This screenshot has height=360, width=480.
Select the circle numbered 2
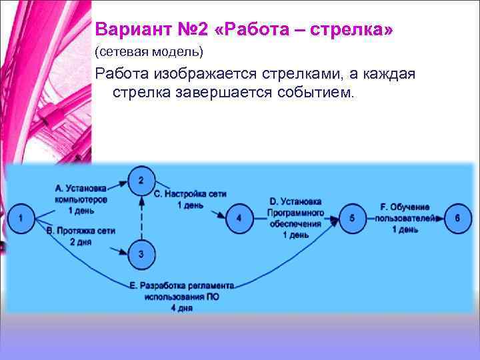(x=141, y=179)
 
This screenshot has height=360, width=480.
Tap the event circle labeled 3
(x=141, y=254)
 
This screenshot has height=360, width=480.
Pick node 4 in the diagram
(x=239, y=217)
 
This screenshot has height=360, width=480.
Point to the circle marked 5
(x=353, y=217)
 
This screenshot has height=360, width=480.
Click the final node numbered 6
(x=457, y=217)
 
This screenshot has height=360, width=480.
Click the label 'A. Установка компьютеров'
(x=80, y=194)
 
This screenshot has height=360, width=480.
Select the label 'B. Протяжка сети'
(x=81, y=230)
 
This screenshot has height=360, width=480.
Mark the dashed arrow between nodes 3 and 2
(x=141, y=217)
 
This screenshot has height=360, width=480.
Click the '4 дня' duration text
(x=181, y=308)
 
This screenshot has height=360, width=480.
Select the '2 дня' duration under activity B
(x=81, y=241)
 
